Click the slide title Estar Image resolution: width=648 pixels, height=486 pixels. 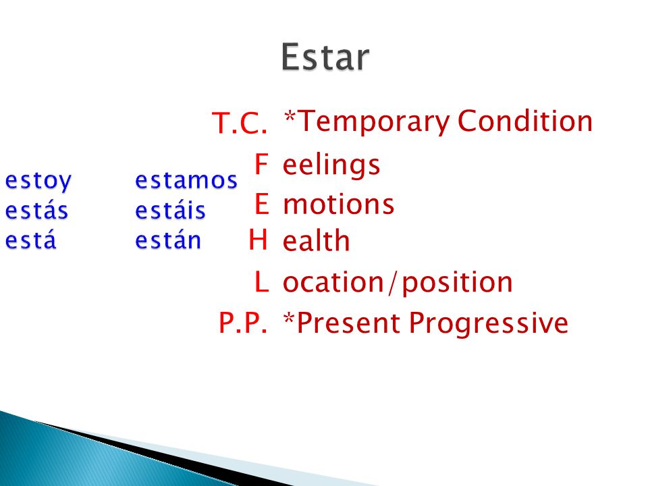point(325,57)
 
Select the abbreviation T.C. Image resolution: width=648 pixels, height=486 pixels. point(240,123)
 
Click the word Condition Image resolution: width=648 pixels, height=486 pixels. point(525,121)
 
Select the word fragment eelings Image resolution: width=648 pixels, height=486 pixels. point(331,165)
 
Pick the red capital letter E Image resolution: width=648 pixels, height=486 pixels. point(262,203)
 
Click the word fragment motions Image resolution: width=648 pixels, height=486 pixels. point(339,204)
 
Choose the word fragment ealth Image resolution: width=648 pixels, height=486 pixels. point(317,240)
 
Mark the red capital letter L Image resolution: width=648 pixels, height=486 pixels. point(262,282)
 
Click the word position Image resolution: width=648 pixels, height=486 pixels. point(457,283)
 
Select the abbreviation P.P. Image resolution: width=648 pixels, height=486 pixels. point(243,323)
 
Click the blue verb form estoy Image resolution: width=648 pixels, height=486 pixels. point(38,181)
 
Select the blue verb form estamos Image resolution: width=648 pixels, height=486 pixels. point(186,180)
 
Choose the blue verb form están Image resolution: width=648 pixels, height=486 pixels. point(168,240)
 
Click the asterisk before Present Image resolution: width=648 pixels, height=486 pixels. point(290,319)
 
